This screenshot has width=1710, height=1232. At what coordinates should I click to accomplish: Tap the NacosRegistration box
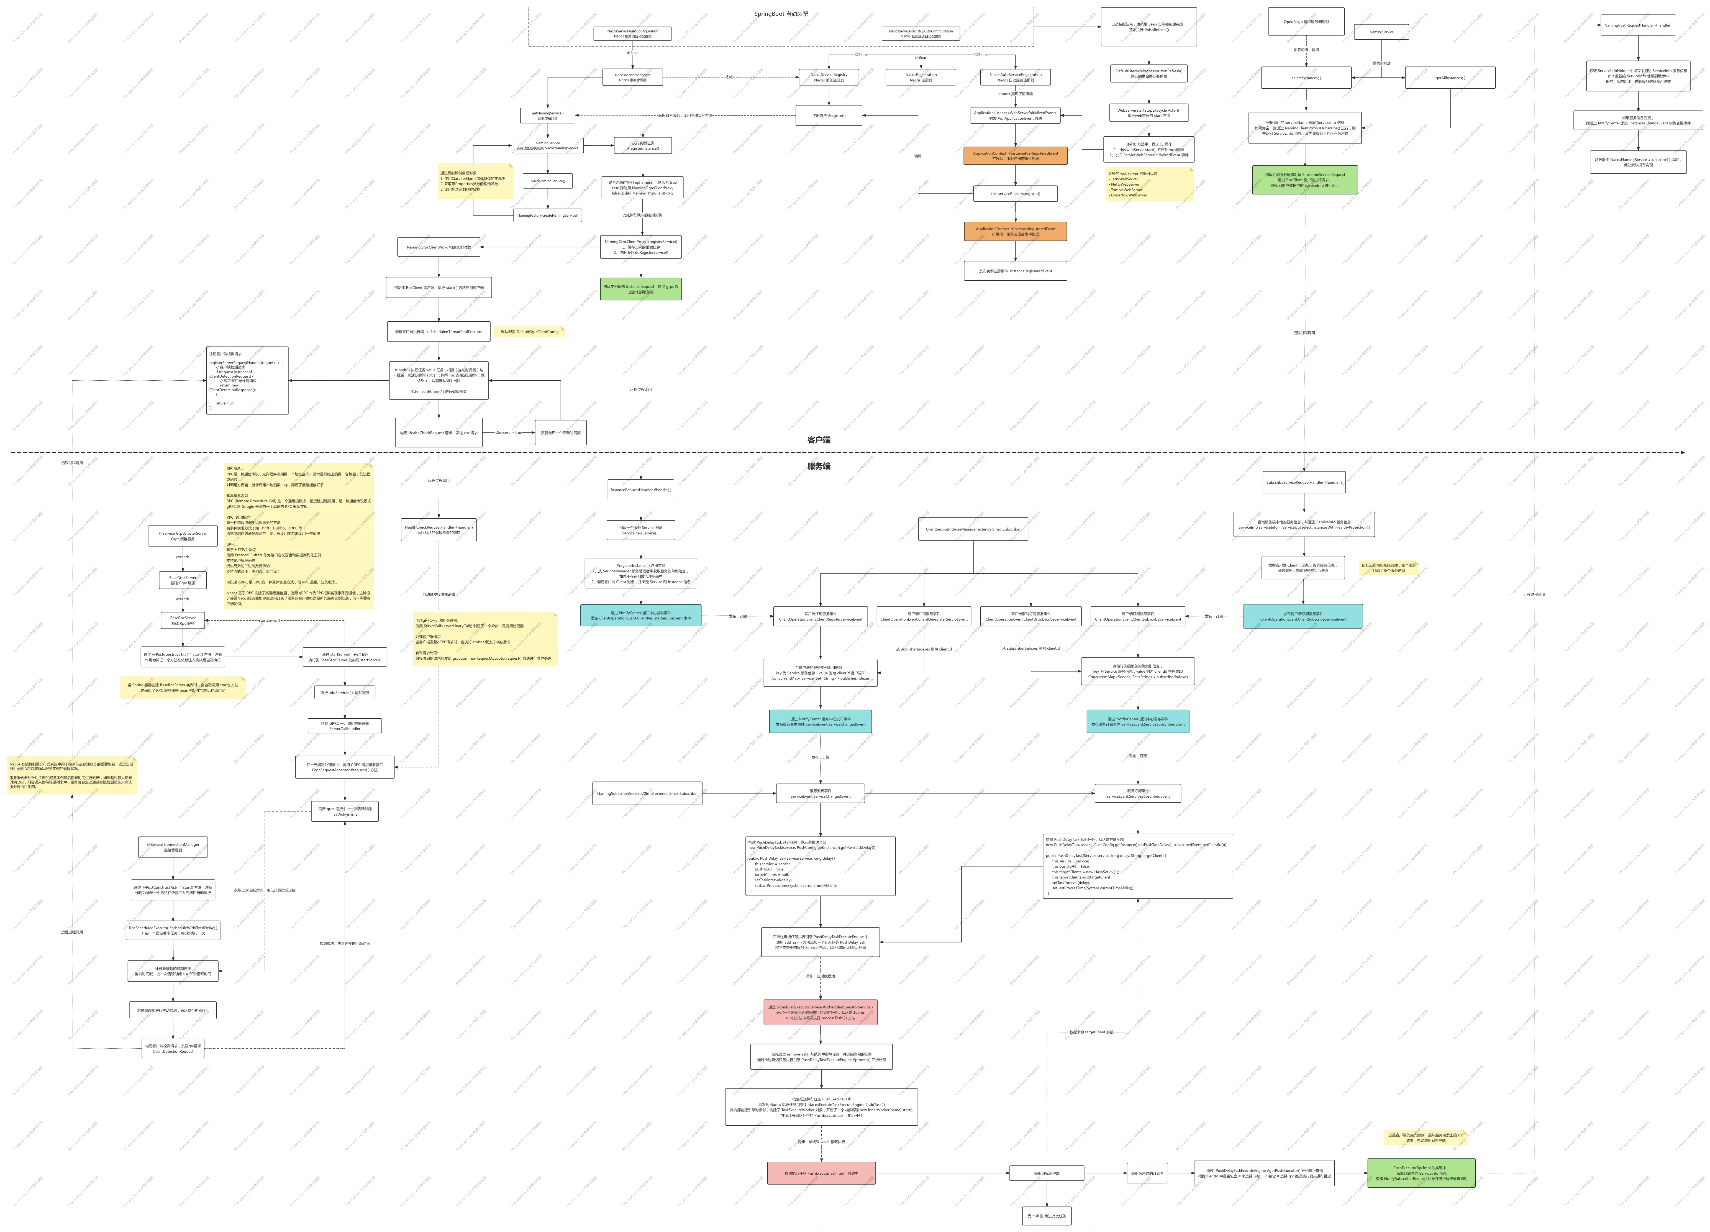921,77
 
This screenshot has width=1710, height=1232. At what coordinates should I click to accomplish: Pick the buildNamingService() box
547,181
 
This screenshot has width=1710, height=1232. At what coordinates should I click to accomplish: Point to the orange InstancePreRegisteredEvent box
1015,155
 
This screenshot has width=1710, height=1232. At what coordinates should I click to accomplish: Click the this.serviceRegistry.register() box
1015,194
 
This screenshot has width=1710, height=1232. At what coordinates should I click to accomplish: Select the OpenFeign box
1306,22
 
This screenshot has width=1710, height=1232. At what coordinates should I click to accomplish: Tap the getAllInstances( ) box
1449,78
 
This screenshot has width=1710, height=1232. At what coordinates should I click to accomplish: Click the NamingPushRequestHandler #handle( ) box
1638,25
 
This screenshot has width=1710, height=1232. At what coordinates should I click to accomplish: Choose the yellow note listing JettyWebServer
1148,184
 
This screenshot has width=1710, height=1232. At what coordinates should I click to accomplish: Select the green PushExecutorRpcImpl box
1421,1173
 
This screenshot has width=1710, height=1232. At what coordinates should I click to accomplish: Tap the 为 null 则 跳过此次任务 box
1047,1215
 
